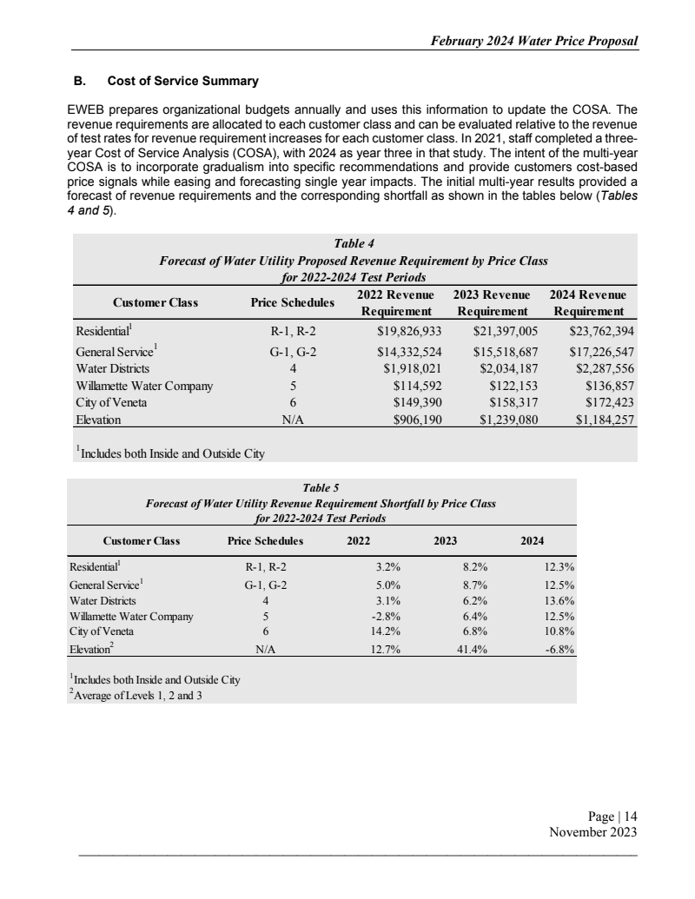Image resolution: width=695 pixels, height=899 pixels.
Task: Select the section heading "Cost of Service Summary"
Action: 182,82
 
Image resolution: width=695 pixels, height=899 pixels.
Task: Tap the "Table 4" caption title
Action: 353,243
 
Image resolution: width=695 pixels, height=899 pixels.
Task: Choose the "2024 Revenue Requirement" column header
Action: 589,303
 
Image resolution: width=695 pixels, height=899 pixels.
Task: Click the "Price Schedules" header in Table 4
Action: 292,303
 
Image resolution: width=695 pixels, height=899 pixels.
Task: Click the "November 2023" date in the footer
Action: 593,832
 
